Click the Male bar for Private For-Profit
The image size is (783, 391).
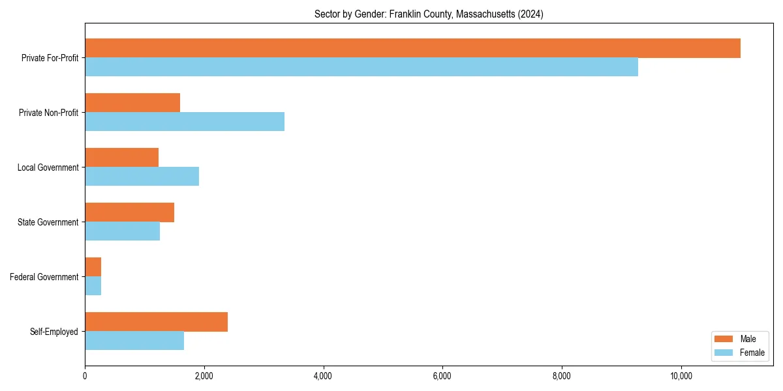pyautogui.click(x=412, y=48)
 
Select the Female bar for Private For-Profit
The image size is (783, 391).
pyautogui.click(x=361, y=67)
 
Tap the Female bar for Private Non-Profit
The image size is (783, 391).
pyautogui.click(x=185, y=122)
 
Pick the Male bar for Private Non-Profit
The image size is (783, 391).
pyautogui.click(x=132, y=103)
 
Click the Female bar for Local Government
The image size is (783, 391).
pyautogui.click(x=142, y=177)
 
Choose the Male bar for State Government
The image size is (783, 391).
pyautogui.click(x=129, y=212)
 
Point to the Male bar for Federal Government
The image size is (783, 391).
pyautogui.click(x=93, y=267)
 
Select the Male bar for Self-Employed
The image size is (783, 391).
pyautogui.click(x=156, y=322)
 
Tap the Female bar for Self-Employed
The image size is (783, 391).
pyautogui.click(x=134, y=341)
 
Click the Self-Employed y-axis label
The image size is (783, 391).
pyautogui.click(x=54, y=332)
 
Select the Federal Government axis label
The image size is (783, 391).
pyautogui.click(x=44, y=277)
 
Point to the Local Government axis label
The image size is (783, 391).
pyautogui.click(x=48, y=167)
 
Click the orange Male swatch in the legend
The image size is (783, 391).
pyautogui.click(x=724, y=339)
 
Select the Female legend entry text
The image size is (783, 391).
pyautogui.click(x=752, y=353)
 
